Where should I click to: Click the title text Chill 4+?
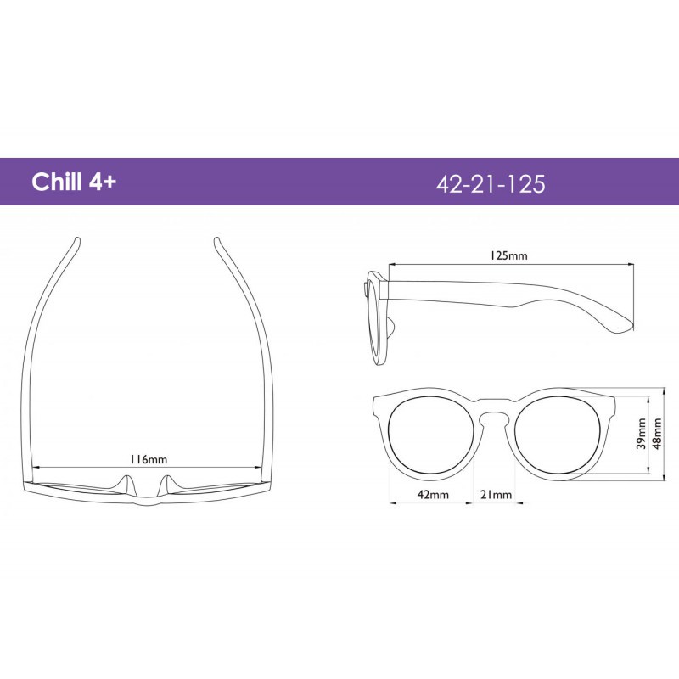pyautogui.click(x=74, y=182)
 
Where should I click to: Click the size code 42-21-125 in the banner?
pyautogui.click(x=491, y=183)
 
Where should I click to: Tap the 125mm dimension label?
pyautogui.click(x=508, y=255)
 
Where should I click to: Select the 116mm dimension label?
pyautogui.click(x=149, y=459)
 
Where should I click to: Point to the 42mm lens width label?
pyautogui.click(x=433, y=494)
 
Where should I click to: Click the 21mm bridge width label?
pyautogui.click(x=497, y=494)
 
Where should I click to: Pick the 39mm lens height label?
pyautogui.click(x=642, y=434)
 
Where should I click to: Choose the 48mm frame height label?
pyautogui.click(x=657, y=434)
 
